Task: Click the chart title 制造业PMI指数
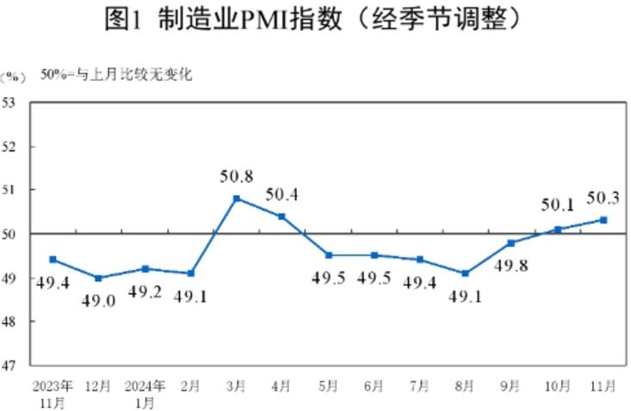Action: pyautogui.click(x=315, y=19)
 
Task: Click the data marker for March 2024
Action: pyautogui.click(x=237, y=199)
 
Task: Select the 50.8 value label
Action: pyautogui.click(x=236, y=177)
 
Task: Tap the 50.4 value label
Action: pyautogui.click(x=281, y=194)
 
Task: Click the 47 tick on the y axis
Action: pyautogui.click(x=12, y=365)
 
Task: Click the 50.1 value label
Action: pyautogui.click(x=558, y=205)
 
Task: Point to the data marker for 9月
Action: pyautogui.click(x=511, y=242)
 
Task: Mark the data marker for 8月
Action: pyautogui.click(x=466, y=273)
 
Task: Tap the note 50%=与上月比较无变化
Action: pyautogui.click(x=117, y=75)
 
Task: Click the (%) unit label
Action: pyautogui.click(x=13, y=76)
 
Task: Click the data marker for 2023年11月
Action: pyautogui.click(x=53, y=259)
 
